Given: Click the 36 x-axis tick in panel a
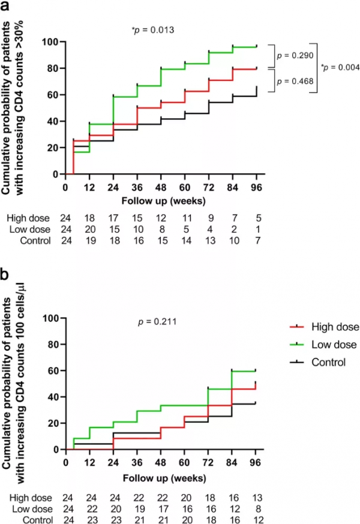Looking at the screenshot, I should pyautogui.click(x=137, y=186).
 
